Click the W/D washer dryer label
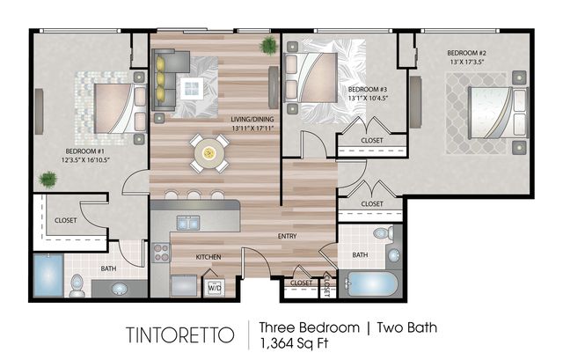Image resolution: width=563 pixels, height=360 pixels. [215, 288]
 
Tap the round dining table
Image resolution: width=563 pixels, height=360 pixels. [209, 154]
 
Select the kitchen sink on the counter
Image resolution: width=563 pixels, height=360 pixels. [188, 223]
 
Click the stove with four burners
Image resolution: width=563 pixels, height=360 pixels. [161, 253]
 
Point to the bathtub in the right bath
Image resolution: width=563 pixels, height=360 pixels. [371, 284]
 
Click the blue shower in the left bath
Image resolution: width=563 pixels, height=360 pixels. [48, 275]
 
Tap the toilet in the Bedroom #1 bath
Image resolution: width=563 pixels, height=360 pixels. [77, 286]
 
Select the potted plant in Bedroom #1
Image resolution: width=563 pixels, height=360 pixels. [48, 180]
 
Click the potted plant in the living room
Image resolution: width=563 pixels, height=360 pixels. [268, 46]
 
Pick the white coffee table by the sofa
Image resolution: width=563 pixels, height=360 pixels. [192, 88]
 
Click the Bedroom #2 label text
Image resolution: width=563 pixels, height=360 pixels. [467, 53]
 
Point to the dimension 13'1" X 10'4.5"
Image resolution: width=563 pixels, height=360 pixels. [368, 98]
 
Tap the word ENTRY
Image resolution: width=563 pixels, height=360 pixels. [288, 236]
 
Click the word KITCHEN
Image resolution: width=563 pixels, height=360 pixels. [208, 257]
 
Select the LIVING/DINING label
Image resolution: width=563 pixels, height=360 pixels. [252, 119]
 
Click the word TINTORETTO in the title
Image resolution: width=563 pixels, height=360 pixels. [180, 334]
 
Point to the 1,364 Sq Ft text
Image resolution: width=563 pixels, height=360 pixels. [294, 343]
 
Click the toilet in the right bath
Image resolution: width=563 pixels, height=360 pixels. [384, 233]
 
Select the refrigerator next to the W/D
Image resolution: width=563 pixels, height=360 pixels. [184, 285]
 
